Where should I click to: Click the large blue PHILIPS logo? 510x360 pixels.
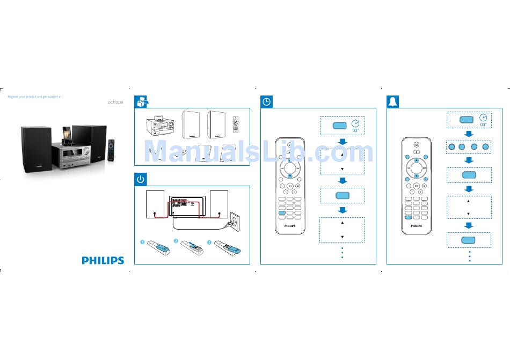tap(103, 260)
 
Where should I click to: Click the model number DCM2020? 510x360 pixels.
tap(115, 102)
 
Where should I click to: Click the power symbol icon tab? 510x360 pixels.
tap(141, 179)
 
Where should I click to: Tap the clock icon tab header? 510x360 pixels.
tap(267, 101)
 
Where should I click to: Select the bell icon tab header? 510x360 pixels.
tap(394, 101)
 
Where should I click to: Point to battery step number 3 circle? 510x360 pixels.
tap(209, 242)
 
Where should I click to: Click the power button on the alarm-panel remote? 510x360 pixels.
tap(416, 144)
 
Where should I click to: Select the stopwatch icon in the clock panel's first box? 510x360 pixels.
tap(355, 123)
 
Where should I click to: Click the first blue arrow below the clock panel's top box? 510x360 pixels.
tap(342, 142)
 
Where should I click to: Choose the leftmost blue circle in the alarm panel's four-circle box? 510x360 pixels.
tap(450, 146)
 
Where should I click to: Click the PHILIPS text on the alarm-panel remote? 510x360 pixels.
tap(416, 226)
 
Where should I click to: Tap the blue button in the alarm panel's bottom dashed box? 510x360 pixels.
tap(469, 239)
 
